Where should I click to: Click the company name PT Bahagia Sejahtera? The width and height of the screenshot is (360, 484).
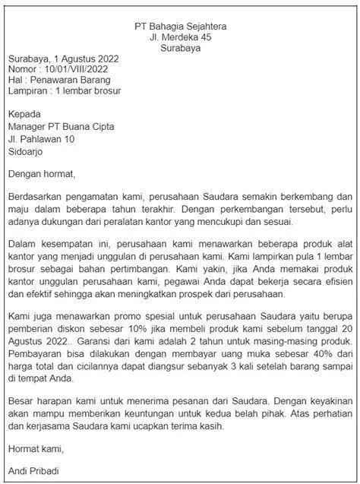pyautogui.click(x=180, y=25)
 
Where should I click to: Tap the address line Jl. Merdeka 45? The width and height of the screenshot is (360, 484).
pyautogui.click(x=180, y=36)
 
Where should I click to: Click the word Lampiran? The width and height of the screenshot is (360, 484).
pyautogui.click(x=28, y=91)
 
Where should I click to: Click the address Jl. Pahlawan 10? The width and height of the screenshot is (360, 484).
pyautogui.click(x=41, y=139)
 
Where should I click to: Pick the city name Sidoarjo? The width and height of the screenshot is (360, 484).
pyautogui.click(x=27, y=151)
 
